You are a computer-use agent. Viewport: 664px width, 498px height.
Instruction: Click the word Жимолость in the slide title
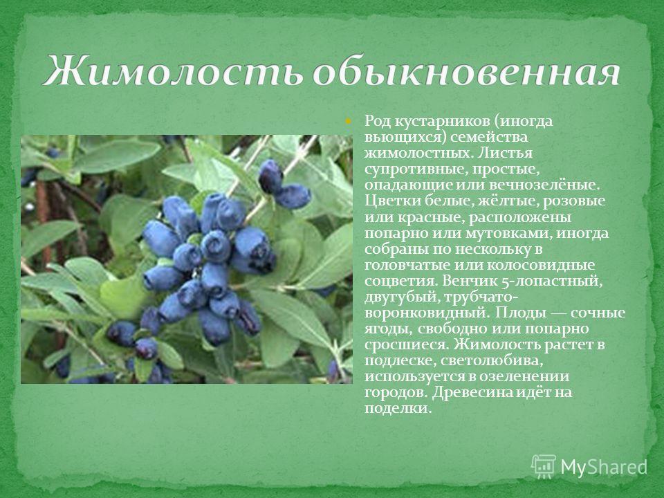(173, 71)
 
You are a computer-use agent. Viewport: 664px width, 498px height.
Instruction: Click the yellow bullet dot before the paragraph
(348, 121)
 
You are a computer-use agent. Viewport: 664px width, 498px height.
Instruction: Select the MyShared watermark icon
(544, 467)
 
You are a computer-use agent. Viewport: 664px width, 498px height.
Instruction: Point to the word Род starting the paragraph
(378, 122)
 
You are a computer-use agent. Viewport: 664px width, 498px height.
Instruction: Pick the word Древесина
(474, 393)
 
